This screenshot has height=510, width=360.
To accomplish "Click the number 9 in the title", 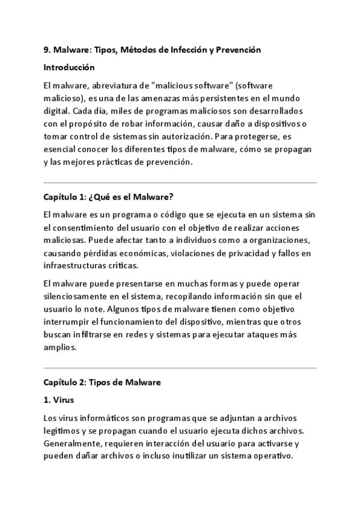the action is [x=46, y=50].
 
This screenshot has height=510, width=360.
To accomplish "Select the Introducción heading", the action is [x=69, y=67].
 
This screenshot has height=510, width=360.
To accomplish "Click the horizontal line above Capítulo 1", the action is [x=180, y=182].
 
